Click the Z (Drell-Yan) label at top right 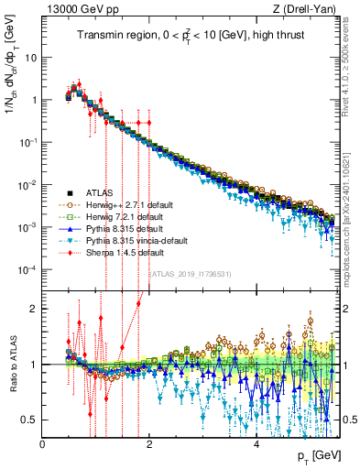[x=307, y=10]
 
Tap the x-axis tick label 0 [x=43, y=444]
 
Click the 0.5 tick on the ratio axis [x=30, y=420]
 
